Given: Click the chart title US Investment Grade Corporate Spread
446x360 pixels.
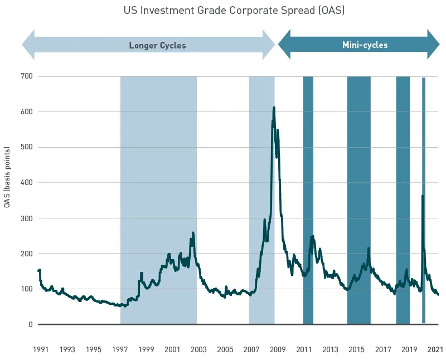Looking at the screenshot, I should pos(234,11).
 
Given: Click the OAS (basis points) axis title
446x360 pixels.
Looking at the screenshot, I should pos(7,178).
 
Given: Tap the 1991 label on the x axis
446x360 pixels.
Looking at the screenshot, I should pos(41,349).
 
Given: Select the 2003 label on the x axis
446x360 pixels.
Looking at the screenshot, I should pos(198,349).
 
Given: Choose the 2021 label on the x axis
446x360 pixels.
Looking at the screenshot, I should pos(435,349).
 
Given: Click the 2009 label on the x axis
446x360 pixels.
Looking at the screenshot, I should pos(278,349).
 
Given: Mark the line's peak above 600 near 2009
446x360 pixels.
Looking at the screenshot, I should pos(274,108).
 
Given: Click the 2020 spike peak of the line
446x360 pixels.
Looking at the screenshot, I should pos(422,196).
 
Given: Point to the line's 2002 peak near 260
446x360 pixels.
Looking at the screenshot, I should pos(193,233).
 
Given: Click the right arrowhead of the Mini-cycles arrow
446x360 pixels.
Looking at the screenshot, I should pos(434,45).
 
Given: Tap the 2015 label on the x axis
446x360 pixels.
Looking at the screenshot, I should pos(357,349).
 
